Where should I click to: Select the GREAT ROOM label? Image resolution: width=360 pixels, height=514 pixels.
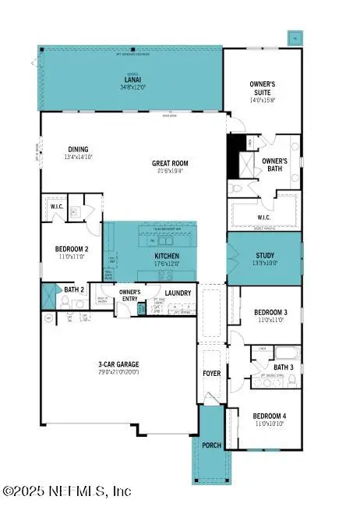tap(170, 164)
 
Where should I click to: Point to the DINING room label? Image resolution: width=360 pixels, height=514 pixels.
tap(78, 150)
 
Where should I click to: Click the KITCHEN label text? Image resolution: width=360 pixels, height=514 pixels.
tap(167, 256)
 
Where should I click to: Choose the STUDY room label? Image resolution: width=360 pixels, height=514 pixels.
tap(265, 256)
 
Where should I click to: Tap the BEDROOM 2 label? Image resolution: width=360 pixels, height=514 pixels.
tap(71, 250)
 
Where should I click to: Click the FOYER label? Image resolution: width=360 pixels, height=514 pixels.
tap(212, 374)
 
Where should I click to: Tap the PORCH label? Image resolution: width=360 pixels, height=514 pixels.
tap(211, 445)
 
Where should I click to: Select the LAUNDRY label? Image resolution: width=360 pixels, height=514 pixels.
tap(178, 292)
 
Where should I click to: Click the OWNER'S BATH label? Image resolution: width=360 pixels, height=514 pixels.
tap(274, 165)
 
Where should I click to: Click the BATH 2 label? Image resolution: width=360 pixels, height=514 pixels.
tap(75, 290)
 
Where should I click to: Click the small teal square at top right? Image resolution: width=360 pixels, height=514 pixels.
tap(295, 37)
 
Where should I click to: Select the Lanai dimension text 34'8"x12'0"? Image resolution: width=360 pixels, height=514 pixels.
tap(132, 87)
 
